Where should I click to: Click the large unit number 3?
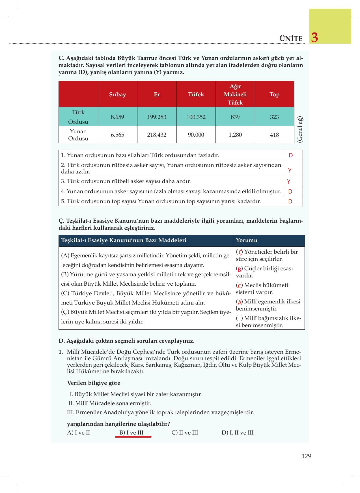(314, 38)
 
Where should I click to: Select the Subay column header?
(117, 94)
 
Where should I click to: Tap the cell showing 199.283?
(157, 117)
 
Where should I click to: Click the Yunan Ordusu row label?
(78, 135)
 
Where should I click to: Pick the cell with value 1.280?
(235, 135)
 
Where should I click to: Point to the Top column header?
(274, 94)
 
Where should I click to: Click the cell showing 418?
(274, 135)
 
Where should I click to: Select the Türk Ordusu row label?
(78, 117)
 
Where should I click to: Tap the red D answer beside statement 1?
(291, 155)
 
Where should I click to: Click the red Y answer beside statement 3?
(289, 181)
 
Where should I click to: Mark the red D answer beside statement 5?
(290, 201)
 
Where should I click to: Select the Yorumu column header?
(247, 240)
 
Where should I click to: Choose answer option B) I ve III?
(132, 433)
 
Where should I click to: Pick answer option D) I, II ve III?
(238, 433)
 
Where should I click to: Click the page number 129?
(306, 456)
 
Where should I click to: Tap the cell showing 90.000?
(196, 135)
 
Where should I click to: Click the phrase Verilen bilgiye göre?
(94, 383)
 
